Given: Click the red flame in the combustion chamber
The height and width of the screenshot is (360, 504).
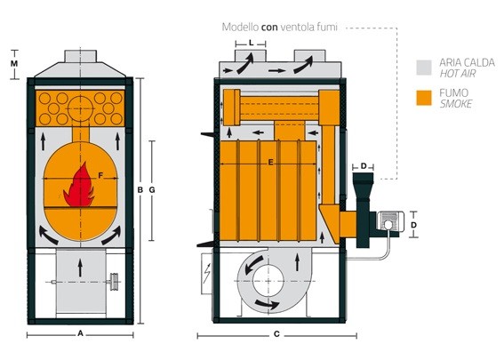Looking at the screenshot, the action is point(79,187).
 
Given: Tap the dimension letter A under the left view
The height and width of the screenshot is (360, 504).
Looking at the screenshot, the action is point(80,333).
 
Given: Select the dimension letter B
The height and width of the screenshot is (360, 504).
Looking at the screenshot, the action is point(140,190).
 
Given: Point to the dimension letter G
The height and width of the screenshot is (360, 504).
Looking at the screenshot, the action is point(152,190).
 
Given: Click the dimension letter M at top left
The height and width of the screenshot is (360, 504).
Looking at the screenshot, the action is point(14,64).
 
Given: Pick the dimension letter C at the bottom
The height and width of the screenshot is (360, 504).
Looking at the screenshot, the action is point(276,334).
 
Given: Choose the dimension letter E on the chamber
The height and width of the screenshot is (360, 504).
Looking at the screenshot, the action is point(270,163).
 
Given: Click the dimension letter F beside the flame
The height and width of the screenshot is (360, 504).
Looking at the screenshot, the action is point(100,175).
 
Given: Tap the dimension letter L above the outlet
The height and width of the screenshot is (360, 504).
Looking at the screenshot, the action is point(251,43).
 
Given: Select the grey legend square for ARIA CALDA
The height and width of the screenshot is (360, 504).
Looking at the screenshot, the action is point(424,68).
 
